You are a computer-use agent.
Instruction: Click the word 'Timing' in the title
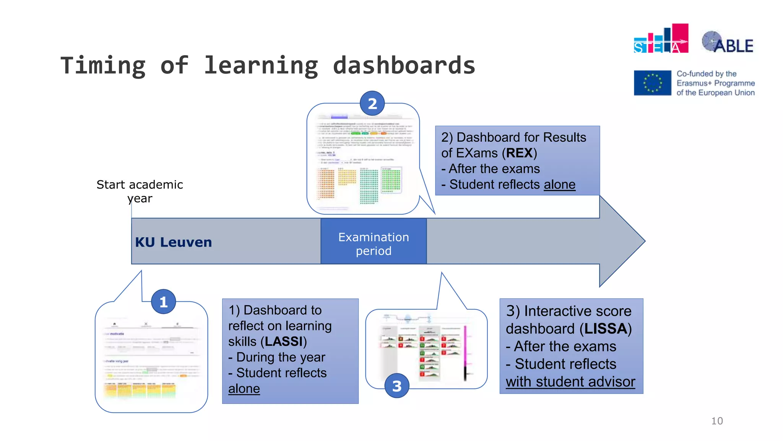103,65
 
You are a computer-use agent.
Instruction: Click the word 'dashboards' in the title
404,65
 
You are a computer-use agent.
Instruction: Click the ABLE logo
728,42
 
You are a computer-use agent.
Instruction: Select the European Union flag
652,83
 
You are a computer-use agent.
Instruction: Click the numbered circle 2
372,103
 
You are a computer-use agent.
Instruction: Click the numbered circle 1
163,302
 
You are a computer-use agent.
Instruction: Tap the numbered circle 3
396,385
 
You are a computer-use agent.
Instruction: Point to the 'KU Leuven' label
173,242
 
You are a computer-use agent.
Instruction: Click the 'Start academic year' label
140,191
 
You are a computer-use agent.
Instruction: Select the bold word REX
520,153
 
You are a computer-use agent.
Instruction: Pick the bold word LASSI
284,341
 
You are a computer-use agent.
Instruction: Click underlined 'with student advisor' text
570,382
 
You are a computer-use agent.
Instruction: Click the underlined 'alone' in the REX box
559,185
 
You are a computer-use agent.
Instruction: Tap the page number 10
717,421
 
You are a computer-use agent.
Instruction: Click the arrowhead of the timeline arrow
622,241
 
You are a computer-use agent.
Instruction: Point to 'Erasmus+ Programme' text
715,83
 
